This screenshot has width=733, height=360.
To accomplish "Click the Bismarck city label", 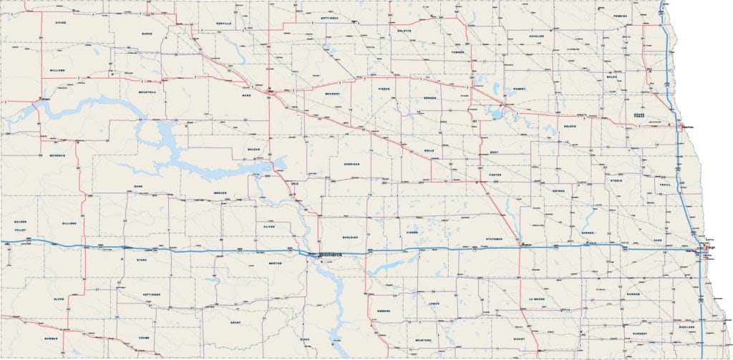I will pyautogui.click(x=331, y=255).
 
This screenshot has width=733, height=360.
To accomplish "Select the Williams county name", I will pyautogui.click(x=58, y=70).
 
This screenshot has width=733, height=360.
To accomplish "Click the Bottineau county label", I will pyautogui.click(x=329, y=17).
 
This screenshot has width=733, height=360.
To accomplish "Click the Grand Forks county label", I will pyautogui.click(x=639, y=118).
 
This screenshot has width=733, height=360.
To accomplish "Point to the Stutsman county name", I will pyautogui.click(x=494, y=238).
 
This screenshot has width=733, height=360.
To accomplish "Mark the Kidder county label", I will pyautogui.click(x=412, y=233).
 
